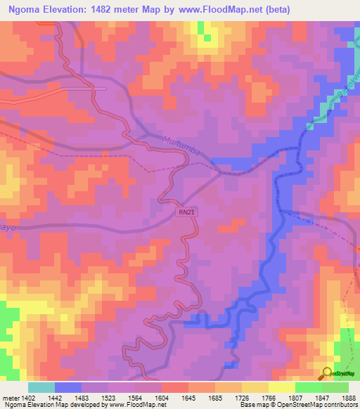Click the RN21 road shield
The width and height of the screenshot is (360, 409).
(x=185, y=211)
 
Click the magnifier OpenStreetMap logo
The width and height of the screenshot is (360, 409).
(x=326, y=373)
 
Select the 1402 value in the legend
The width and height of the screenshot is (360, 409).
(x=27, y=397)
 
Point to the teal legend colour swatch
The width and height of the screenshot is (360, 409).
(x=41, y=387)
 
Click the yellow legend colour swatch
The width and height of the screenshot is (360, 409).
(x=281, y=387)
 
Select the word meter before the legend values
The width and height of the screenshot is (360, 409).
(x=10, y=397)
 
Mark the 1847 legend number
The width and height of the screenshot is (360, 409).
(x=321, y=397)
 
